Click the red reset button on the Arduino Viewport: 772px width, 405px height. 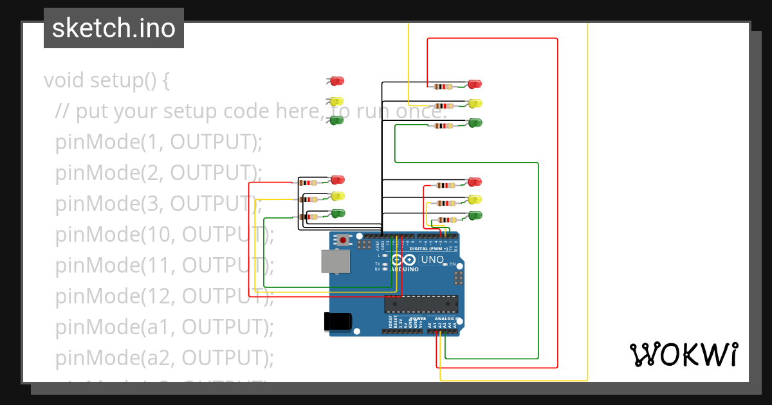[343, 240]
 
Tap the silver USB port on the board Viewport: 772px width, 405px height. [335, 262]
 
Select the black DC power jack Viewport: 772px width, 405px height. [337, 321]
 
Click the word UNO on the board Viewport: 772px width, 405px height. [432, 260]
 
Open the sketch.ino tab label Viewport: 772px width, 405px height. [114, 28]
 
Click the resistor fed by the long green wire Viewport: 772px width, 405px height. [443, 125]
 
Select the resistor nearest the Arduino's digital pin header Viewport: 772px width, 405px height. [443, 220]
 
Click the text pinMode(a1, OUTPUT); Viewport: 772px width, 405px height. [164, 327]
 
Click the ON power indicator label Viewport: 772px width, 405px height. [452, 264]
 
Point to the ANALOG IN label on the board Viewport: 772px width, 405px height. [445, 319]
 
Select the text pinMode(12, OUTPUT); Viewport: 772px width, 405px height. [164, 296]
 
